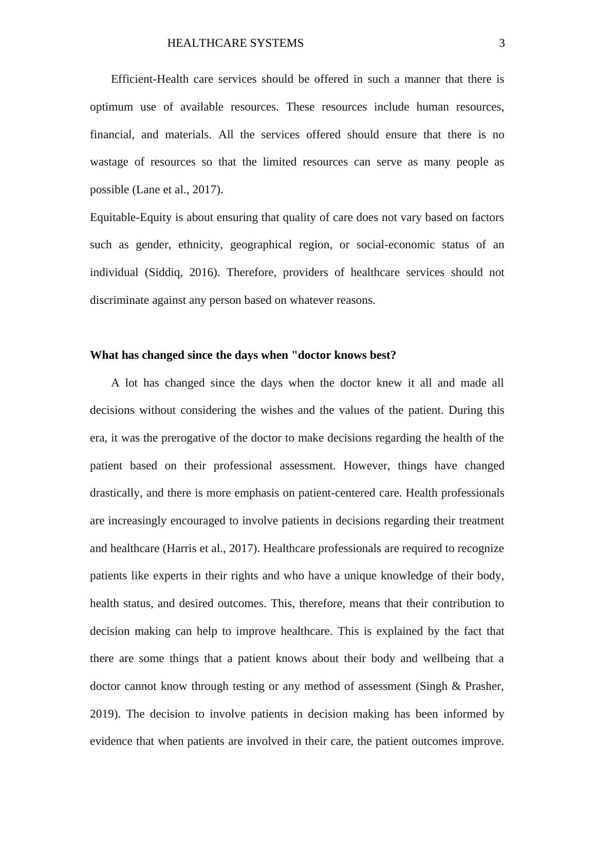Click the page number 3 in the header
pos(502,44)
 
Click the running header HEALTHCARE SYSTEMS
pos(235,44)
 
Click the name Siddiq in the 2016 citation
pos(165,272)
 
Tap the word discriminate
pos(120,300)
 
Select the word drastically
pos(116,493)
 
